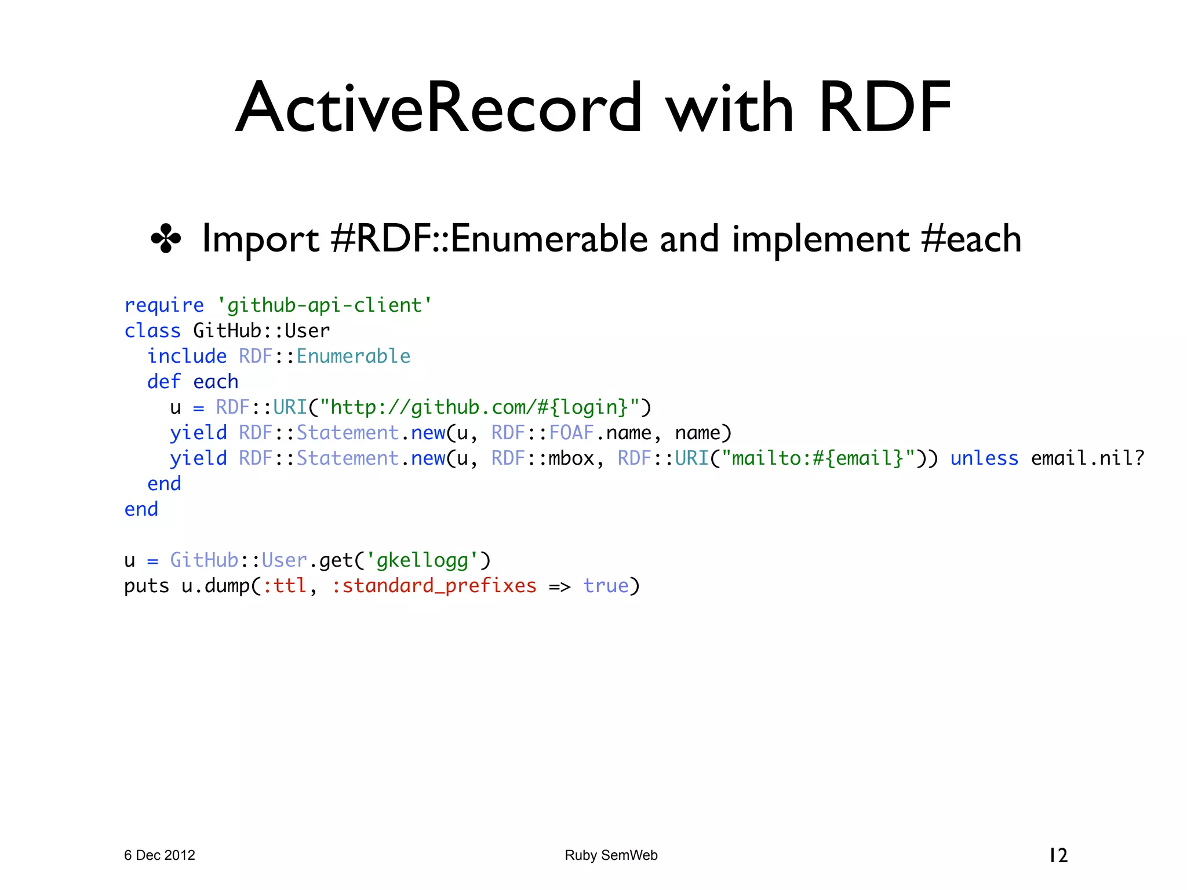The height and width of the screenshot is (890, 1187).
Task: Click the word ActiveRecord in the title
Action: click(439, 108)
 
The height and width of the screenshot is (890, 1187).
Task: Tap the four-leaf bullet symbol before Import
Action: click(166, 239)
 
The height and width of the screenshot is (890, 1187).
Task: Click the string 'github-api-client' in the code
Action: click(325, 305)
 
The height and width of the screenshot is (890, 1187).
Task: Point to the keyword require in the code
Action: click(164, 305)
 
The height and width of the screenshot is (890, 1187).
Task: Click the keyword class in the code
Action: click(152, 331)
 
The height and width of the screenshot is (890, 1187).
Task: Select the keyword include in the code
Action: click(187, 356)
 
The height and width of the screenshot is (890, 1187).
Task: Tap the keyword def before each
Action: click(163, 382)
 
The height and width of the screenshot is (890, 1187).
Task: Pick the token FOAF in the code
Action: click(571, 433)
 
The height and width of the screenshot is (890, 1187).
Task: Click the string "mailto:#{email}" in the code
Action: click(818, 458)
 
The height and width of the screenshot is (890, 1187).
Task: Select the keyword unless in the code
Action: click(984, 458)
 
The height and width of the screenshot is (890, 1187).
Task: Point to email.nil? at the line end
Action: click(1088, 458)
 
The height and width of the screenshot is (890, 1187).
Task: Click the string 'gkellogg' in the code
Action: click(422, 560)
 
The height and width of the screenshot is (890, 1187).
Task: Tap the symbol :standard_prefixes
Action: click(434, 586)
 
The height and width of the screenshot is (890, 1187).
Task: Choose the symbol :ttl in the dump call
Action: click(285, 586)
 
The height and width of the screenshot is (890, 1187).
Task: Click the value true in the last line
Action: click(606, 586)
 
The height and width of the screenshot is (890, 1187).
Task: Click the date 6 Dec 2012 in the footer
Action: click(159, 855)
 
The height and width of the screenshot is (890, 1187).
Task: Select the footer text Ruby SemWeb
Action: click(611, 855)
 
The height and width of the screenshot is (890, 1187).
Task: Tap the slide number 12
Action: click(1058, 855)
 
